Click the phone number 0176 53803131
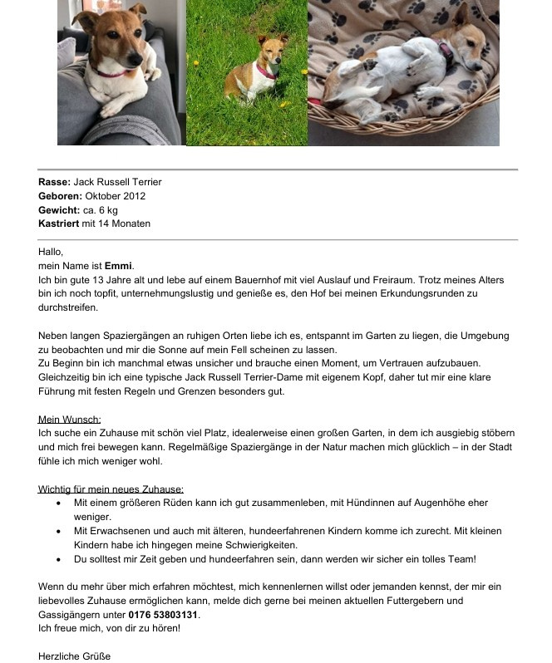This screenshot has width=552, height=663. (165, 615)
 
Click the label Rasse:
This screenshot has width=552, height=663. (54, 182)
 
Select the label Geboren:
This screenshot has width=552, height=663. (60, 196)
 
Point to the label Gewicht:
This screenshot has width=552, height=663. (59, 210)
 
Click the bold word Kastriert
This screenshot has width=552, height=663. (59, 223)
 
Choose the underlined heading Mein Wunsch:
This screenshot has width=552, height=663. (75, 420)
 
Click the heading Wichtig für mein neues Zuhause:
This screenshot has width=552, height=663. (111, 489)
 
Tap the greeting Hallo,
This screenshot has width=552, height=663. (51, 252)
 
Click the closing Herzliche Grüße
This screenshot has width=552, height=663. (74, 656)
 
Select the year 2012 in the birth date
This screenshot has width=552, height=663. (134, 196)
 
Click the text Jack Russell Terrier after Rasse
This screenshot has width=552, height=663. (117, 182)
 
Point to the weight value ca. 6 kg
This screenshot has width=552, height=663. (101, 210)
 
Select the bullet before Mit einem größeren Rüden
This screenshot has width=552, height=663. (57, 503)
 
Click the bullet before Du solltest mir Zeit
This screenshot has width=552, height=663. (57, 559)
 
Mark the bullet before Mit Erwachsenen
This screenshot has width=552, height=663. (57, 531)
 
